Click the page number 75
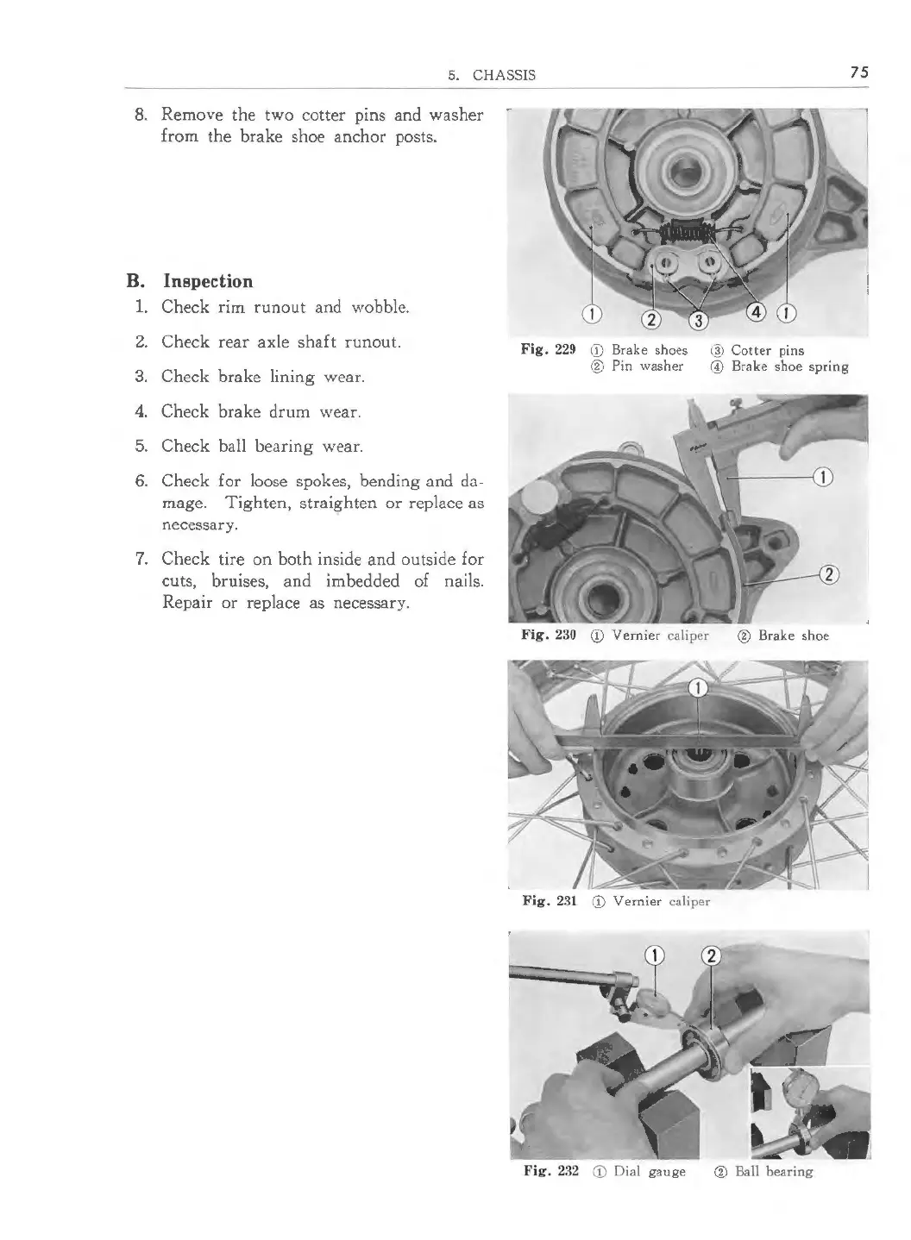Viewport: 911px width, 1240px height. point(858,72)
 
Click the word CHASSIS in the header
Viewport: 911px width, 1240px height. point(504,75)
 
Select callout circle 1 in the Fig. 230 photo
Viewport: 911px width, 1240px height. point(822,476)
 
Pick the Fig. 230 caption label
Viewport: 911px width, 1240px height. point(549,636)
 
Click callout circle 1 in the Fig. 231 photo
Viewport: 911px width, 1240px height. point(699,687)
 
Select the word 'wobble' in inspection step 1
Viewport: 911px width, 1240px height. point(379,307)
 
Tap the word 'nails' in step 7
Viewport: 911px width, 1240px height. point(460,581)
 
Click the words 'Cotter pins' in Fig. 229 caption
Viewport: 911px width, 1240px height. point(768,350)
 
